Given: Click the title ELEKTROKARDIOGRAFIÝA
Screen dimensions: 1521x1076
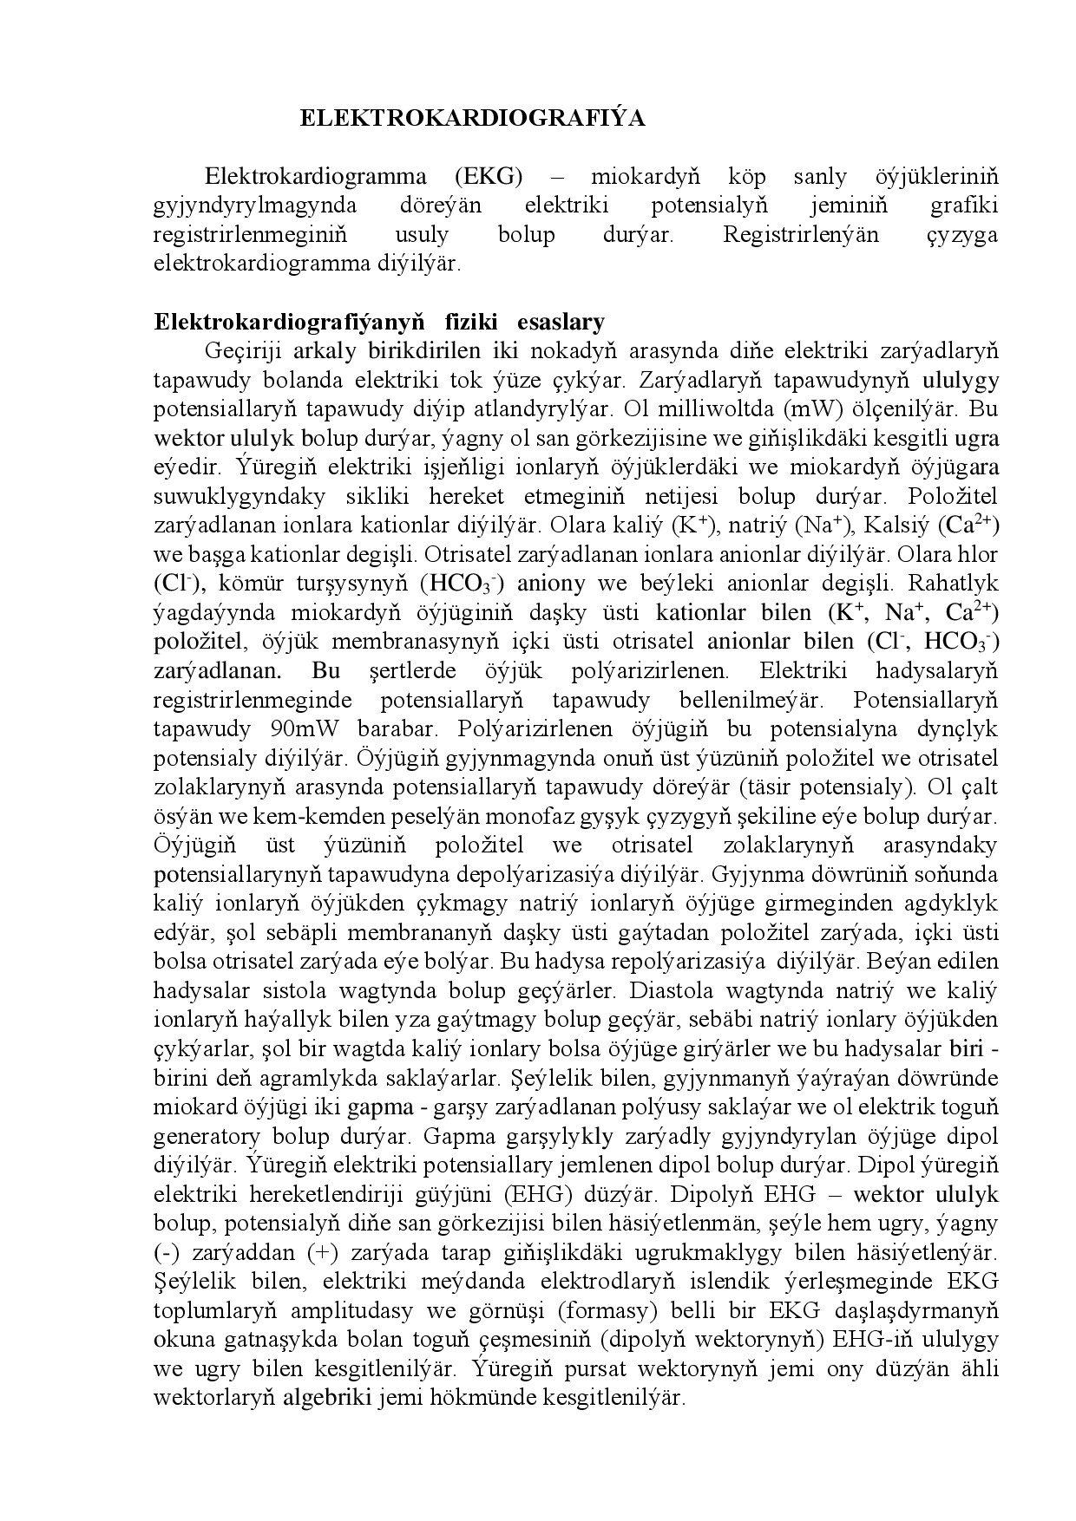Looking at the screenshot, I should (x=472, y=118).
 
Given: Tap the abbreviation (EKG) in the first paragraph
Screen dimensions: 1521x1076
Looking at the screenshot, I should (x=489, y=176).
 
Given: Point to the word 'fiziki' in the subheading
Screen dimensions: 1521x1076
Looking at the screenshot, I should (x=473, y=322).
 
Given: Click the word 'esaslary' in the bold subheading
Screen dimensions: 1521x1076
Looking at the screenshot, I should (x=561, y=322).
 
